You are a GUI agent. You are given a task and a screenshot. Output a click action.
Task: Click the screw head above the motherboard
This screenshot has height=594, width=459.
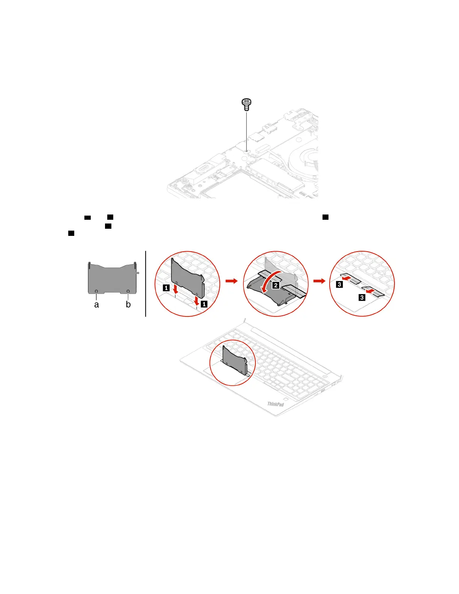(246, 102)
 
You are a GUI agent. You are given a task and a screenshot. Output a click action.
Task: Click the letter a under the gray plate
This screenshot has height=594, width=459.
(96, 305)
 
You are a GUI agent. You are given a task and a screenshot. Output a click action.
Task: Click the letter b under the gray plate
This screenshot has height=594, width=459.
(128, 304)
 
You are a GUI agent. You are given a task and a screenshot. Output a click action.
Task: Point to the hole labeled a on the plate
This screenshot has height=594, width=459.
(96, 291)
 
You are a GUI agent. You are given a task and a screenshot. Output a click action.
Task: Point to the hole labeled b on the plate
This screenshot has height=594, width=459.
(128, 291)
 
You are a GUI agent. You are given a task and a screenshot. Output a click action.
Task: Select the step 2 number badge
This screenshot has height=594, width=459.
(276, 285)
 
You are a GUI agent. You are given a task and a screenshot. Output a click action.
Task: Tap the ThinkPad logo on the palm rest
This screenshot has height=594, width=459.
(276, 404)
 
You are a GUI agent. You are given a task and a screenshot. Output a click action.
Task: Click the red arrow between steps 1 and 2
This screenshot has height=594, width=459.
(232, 280)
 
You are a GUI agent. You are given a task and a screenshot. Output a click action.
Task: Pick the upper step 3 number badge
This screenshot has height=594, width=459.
(340, 284)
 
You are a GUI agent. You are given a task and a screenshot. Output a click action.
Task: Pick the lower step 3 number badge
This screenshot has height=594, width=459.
(362, 298)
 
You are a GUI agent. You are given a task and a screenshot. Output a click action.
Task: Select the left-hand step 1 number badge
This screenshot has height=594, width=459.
(166, 288)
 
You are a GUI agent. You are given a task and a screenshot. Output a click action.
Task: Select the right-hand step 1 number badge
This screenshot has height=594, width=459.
(204, 304)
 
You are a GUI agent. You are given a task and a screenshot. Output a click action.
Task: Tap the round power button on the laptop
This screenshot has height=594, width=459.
(325, 375)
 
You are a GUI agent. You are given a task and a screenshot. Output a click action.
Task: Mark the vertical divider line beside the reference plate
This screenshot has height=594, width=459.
(145, 284)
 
